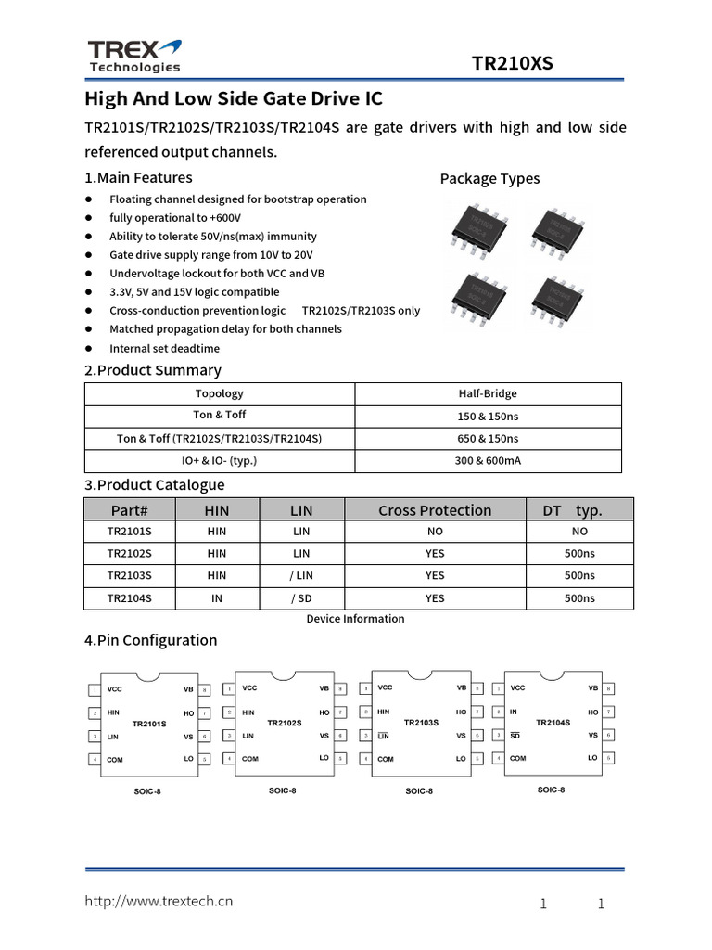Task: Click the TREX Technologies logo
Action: click(134, 56)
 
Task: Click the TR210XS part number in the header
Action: click(512, 63)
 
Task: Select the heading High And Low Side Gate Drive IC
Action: click(234, 99)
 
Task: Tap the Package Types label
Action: click(489, 178)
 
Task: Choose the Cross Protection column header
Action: click(435, 510)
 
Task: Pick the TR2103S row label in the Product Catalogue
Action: click(129, 575)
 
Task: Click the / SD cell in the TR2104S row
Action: click(301, 598)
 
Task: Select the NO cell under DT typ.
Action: click(579, 532)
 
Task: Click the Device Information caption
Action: click(355, 619)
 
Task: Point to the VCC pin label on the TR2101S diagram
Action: click(115, 689)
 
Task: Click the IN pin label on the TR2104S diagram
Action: click(513, 712)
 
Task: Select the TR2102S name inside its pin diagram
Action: click(285, 723)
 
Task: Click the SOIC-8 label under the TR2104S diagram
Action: click(551, 790)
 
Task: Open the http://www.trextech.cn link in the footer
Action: click(159, 901)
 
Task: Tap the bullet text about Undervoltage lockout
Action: click(217, 274)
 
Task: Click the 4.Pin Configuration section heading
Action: click(151, 640)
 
